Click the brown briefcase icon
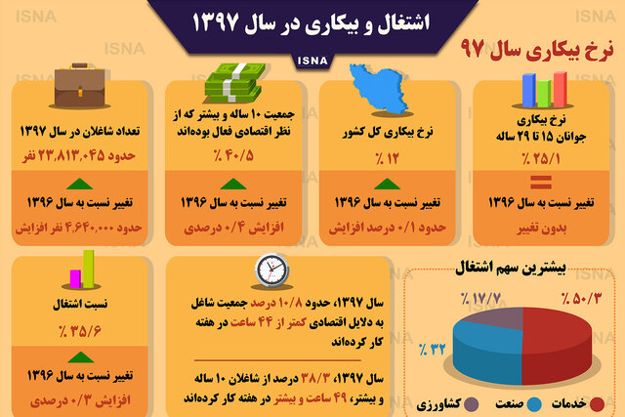pos(80,85)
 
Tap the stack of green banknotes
pos(234,83)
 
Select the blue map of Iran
pos(379,89)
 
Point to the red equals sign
pos(541,182)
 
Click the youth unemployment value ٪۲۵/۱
pos(541,158)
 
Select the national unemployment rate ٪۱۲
pos(387,158)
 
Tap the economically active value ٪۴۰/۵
pos(233,155)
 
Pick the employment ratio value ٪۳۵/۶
pos(80,330)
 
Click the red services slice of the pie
pos(558,343)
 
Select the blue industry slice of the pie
pos(487,352)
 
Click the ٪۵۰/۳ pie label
pos(581,298)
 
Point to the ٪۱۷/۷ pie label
pos(480,298)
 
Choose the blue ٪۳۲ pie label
pos(432,350)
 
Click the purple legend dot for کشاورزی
pos(471,404)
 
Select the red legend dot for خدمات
pos(597,404)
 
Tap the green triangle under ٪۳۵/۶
pos(80,357)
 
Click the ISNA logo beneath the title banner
pos(312,61)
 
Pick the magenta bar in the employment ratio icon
pos(75,278)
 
